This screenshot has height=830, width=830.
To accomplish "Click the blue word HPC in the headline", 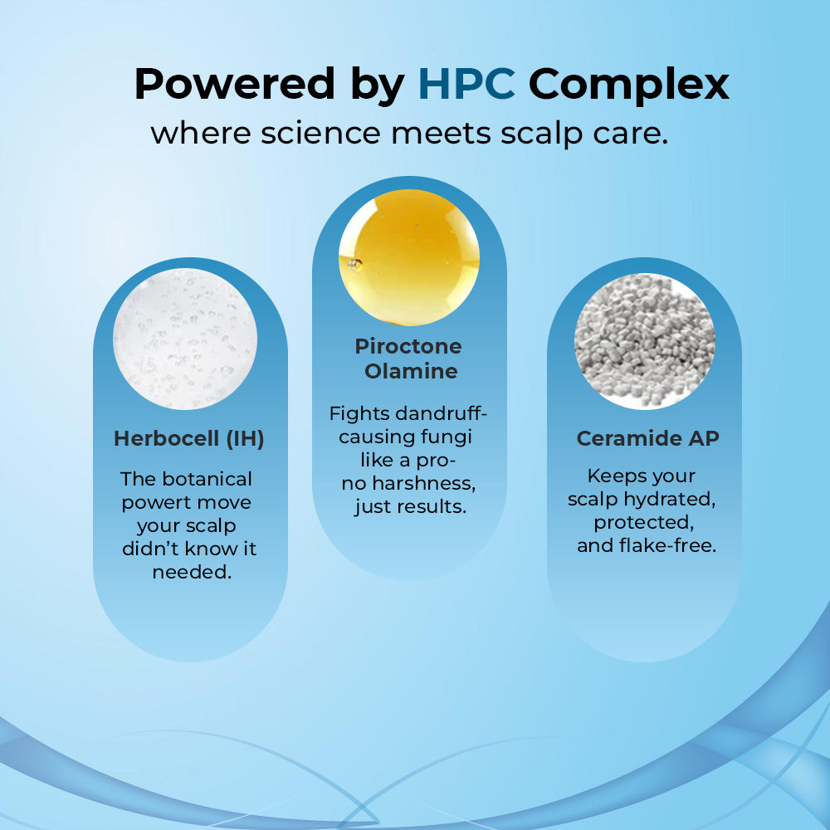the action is (466, 83).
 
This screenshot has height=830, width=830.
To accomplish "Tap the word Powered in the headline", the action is (235, 83).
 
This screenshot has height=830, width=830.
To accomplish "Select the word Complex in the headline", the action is (629, 85).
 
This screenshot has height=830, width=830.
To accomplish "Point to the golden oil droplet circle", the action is (409, 257).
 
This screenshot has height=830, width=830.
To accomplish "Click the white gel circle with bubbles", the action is (185, 339).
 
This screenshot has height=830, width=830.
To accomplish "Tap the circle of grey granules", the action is (645, 341).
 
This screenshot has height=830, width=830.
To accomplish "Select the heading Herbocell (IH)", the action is (189, 439).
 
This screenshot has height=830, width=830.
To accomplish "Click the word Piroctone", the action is (408, 346).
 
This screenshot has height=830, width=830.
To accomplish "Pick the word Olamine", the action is (411, 371).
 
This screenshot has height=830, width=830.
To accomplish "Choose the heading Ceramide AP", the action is (648, 438).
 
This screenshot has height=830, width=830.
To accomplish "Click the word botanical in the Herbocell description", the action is (207, 479).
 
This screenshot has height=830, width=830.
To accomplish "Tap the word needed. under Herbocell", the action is (193, 572).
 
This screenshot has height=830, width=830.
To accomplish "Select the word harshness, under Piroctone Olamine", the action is (424, 484).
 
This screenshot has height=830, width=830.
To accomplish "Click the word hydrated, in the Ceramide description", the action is (670, 500).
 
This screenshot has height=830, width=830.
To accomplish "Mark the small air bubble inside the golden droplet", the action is (354, 263).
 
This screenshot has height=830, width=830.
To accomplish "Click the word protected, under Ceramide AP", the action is (644, 523).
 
